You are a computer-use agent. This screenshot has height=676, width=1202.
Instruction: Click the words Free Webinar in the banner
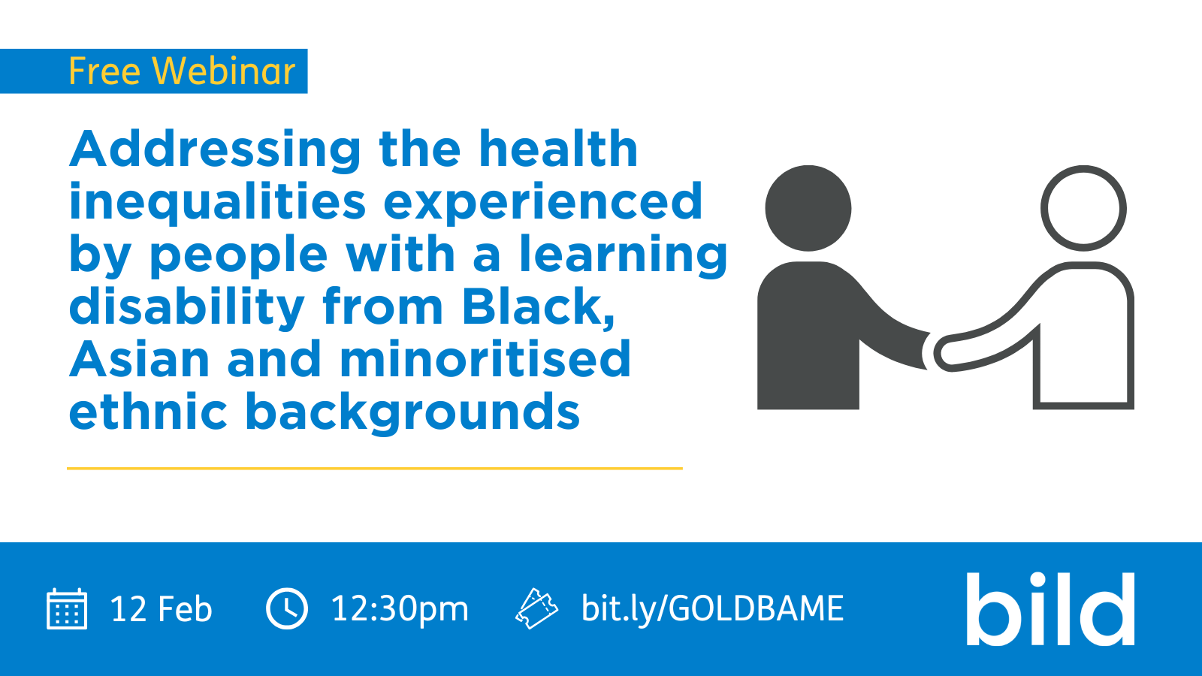pyautogui.click(x=182, y=72)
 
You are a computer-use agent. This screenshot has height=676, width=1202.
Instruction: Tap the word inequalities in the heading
pyautogui.click(x=218, y=202)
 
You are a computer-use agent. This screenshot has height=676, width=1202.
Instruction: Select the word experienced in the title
pyautogui.click(x=543, y=202)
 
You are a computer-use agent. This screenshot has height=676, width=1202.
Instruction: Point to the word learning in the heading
pyautogui.click(x=624, y=255)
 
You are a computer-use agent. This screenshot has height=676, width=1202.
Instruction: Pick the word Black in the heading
pyautogui.click(x=535, y=307)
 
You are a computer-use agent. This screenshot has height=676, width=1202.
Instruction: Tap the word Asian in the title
pyautogui.click(x=139, y=360)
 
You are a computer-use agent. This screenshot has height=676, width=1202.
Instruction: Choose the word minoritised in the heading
pyautogui.click(x=485, y=360)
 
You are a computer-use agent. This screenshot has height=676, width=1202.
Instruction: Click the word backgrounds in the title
pyautogui.click(x=412, y=412)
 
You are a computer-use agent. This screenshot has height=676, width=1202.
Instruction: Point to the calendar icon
pyautogui.click(x=67, y=608)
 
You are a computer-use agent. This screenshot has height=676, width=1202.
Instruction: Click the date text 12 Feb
pyautogui.click(x=161, y=609)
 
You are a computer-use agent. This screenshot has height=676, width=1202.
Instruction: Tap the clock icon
pyautogui.click(x=287, y=608)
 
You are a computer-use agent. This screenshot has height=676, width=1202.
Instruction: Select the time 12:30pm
pyautogui.click(x=400, y=609)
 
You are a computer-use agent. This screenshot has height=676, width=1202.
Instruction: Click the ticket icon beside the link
pyautogui.click(x=536, y=608)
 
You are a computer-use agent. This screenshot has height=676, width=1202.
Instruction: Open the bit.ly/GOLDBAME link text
pyautogui.click(x=712, y=609)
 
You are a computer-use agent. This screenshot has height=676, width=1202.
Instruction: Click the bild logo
pyautogui.click(x=1049, y=609)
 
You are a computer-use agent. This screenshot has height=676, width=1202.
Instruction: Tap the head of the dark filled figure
pyautogui.click(x=808, y=208)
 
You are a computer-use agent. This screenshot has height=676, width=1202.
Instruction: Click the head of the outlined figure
pyautogui.click(x=1083, y=208)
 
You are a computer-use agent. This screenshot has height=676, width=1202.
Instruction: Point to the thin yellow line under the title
pyautogui.click(x=375, y=468)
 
